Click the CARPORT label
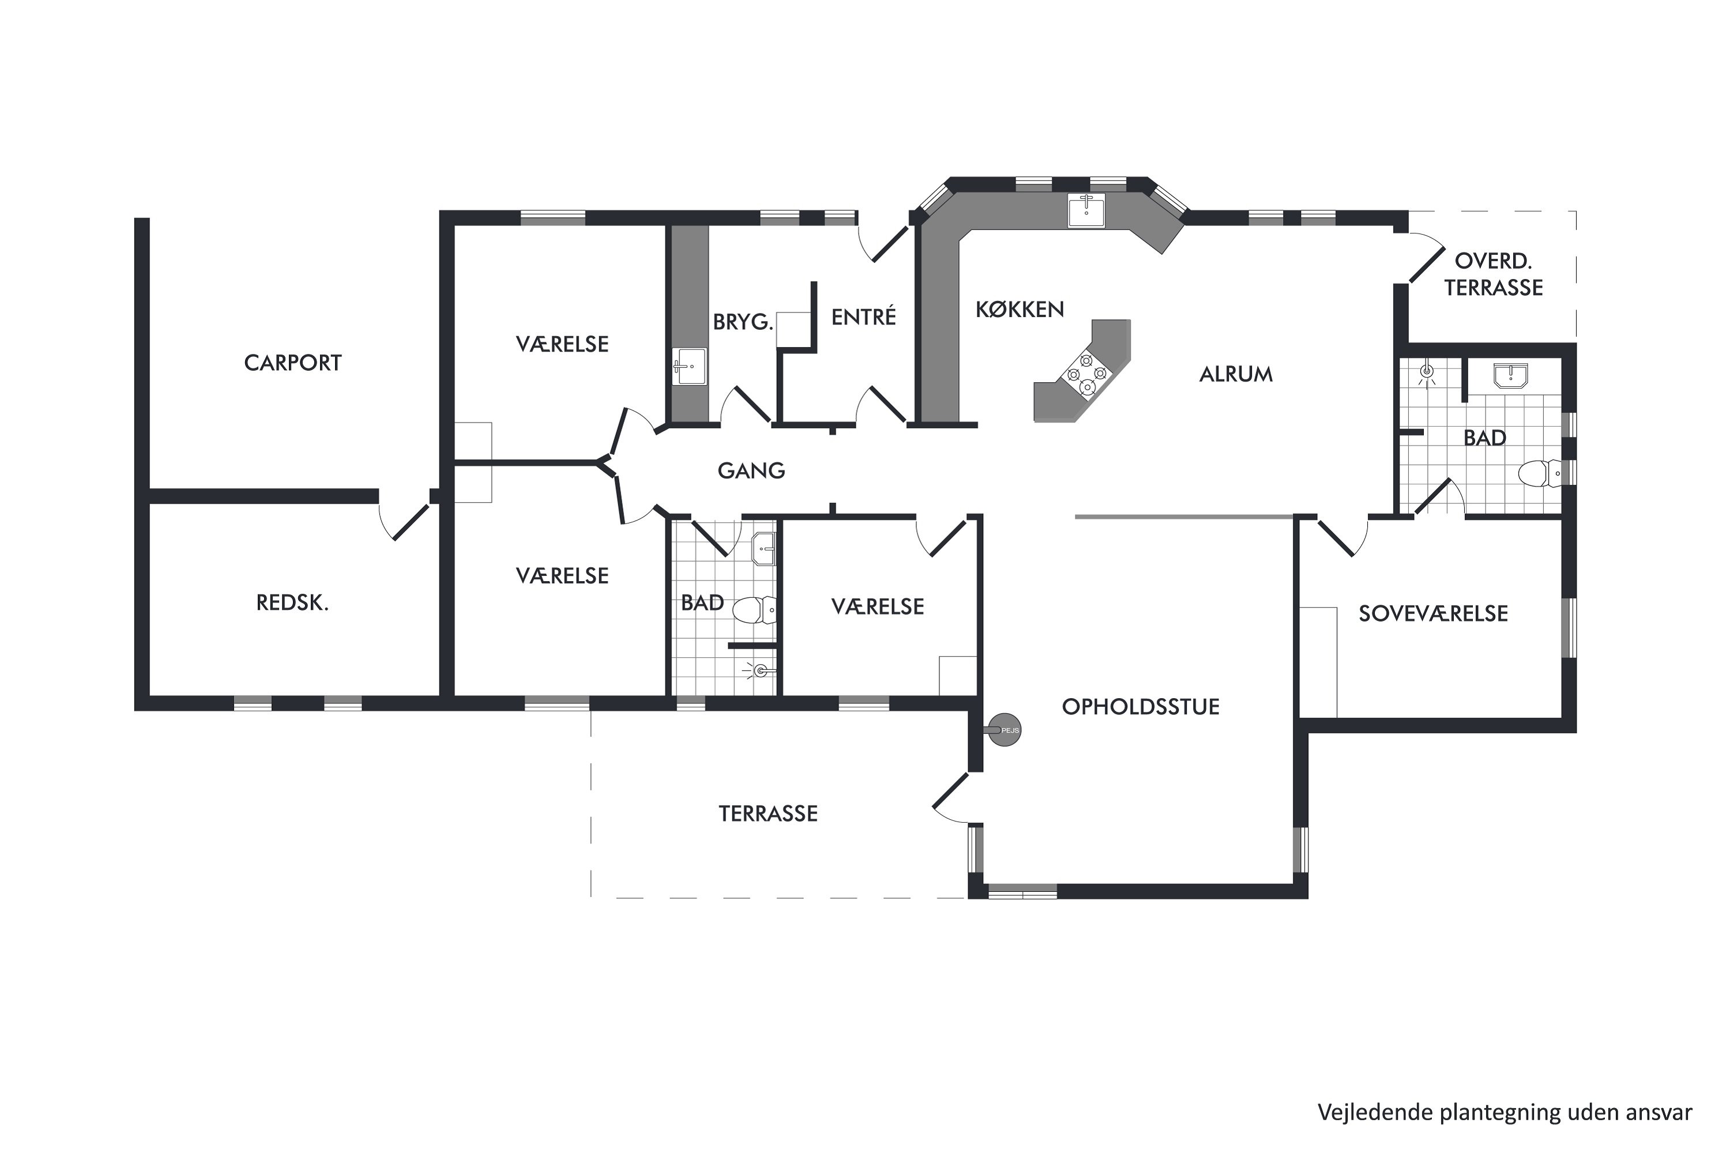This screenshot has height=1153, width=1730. (x=293, y=363)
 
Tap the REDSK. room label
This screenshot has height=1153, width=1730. (x=292, y=603)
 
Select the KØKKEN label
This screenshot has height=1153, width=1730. (x=1020, y=310)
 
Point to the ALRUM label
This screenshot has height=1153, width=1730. (x=1236, y=374)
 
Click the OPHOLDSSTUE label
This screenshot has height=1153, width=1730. (x=1141, y=707)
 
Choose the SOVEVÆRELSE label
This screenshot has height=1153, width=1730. (x=1433, y=613)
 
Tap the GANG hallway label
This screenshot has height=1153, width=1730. (x=751, y=470)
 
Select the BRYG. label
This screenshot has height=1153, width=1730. (x=743, y=322)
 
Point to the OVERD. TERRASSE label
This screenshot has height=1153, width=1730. (x=1493, y=274)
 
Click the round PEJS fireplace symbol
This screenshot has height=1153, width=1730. (x=1004, y=731)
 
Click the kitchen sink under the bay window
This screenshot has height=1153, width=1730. (x=1086, y=210)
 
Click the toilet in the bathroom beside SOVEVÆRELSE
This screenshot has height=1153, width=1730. (x=1540, y=473)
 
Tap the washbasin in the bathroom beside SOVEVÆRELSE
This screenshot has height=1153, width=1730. (x=1511, y=375)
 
